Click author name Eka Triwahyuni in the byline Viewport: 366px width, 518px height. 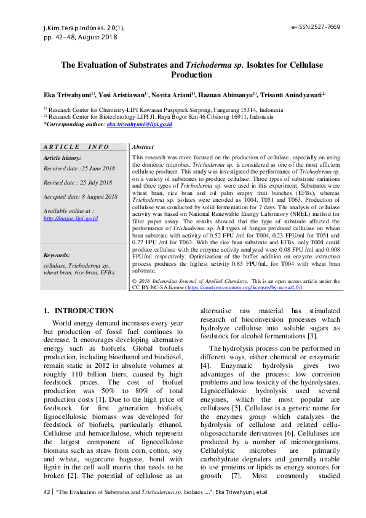67,96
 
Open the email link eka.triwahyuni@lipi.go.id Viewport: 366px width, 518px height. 139,124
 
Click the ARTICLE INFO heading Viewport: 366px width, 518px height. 76,147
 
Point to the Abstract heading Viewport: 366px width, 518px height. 143,148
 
